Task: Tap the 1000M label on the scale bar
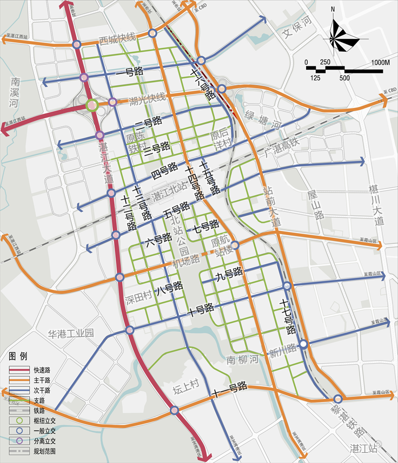[380, 63]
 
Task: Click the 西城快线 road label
[117, 39]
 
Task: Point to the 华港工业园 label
[71, 333]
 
